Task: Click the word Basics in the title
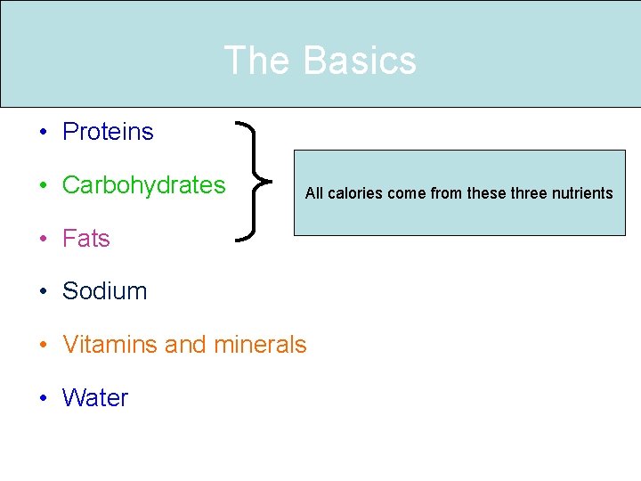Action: [360, 61]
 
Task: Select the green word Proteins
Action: [108, 132]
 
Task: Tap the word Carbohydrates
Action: [143, 185]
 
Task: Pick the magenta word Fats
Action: [85, 239]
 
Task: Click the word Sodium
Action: [104, 291]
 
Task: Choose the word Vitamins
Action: [110, 345]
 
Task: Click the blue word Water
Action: [94, 398]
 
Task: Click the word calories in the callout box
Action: [353, 193]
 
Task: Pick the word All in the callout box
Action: [314, 193]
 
